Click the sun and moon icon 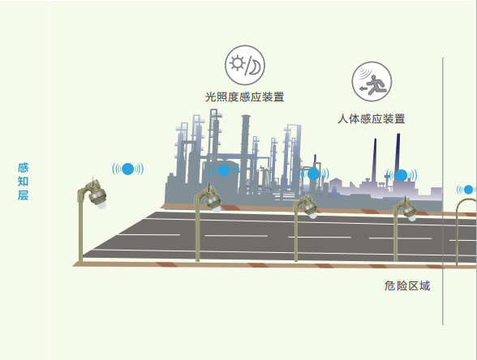coord(245,65)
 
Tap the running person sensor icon coord(372,81)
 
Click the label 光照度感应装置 coord(245,97)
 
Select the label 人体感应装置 coord(372,118)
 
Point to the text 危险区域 coord(407,285)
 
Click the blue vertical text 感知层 coord(23,182)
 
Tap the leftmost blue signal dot coord(128,169)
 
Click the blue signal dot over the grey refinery coord(224,170)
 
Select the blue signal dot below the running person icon coord(402,175)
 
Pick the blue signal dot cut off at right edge coord(469,190)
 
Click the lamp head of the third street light coord(309,208)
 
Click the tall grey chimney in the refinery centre coord(245,152)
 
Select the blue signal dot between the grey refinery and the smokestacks coord(313,174)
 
